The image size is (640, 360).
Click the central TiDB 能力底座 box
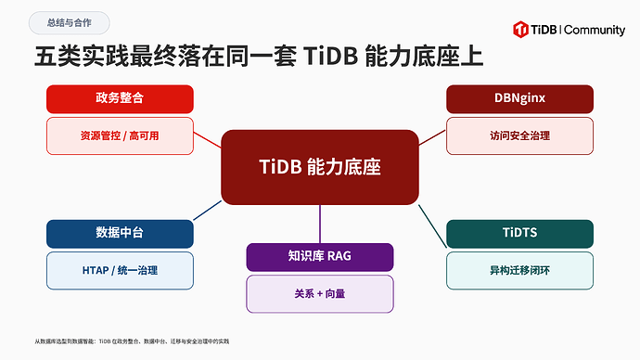pos(320,167)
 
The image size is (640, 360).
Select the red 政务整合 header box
pos(120,98)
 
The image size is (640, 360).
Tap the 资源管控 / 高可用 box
pos(120,135)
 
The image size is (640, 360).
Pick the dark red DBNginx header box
pos(519,98)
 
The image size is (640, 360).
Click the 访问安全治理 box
pos(519,135)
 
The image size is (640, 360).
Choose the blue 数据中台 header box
pos(120,234)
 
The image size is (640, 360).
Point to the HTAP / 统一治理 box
pos(120,271)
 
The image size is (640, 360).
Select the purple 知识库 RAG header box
pos(320,257)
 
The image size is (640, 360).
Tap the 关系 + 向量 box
pos(320,294)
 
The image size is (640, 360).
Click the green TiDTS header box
pos(519,234)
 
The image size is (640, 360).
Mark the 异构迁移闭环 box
pos(519,271)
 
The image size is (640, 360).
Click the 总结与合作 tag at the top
pos(69,23)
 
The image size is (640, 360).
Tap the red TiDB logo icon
pos(520,30)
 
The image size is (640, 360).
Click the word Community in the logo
pos(595,31)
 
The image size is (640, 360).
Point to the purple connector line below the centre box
pos(320,225)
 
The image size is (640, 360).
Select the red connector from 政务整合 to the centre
pos(208,140)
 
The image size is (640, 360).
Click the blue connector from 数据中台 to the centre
pos(208,211)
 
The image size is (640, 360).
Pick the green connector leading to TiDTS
pos(432,226)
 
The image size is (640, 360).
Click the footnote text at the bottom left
pos(132,341)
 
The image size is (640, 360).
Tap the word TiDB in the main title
pos(330,57)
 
